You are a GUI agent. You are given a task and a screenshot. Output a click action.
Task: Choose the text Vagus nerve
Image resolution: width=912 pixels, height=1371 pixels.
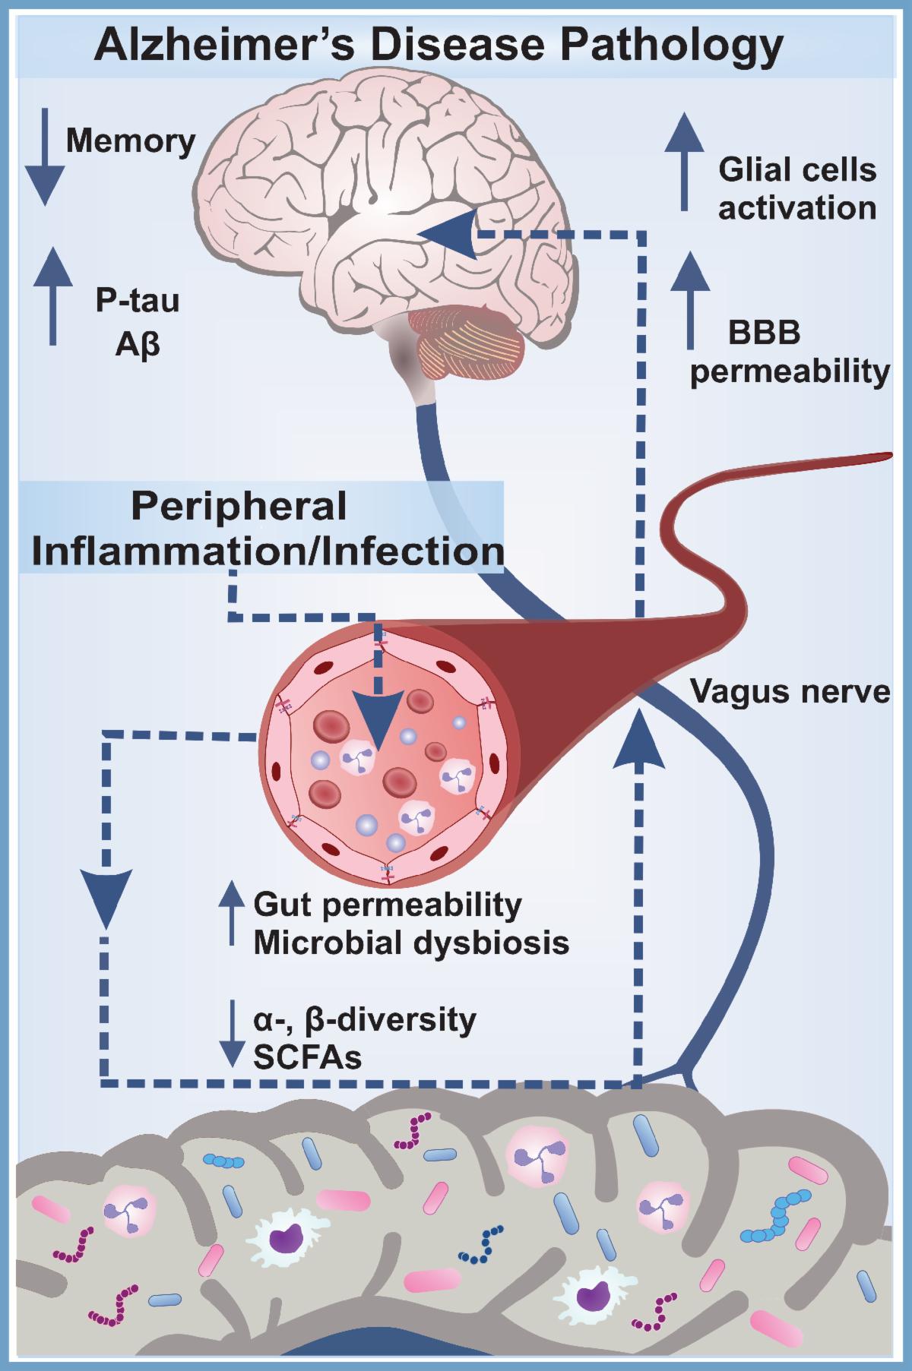click(x=790, y=692)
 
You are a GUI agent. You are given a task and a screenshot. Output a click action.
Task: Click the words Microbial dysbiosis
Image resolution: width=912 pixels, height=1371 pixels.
click(x=411, y=943)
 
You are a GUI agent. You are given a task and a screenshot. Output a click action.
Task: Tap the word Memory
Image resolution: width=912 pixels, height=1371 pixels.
click(x=131, y=141)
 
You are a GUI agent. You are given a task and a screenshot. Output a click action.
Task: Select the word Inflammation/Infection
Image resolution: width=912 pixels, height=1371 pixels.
click(x=262, y=551)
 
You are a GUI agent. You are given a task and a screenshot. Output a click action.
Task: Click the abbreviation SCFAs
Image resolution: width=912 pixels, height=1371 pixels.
click(x=308, y=1057)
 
